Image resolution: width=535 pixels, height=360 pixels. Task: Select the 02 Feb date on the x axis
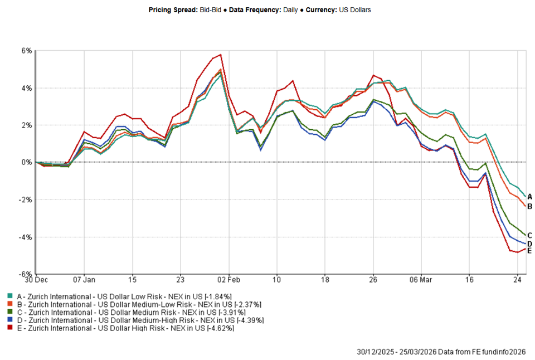point(228,279)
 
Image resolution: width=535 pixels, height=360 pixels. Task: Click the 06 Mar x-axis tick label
point(422,279)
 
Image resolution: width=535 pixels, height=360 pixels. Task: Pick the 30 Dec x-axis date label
point(36,279)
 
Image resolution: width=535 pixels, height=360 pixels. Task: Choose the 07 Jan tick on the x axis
point(84,279)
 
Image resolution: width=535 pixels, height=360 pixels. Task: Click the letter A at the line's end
point(529,197)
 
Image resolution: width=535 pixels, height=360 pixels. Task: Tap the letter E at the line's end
point(529,250)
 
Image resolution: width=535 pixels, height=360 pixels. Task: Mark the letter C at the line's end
point(529,235)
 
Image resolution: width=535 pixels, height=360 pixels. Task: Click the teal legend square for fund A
point(9,296)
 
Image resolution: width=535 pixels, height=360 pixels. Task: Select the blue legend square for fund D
point(9,320)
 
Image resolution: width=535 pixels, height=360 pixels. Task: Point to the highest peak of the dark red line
point(221,55)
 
